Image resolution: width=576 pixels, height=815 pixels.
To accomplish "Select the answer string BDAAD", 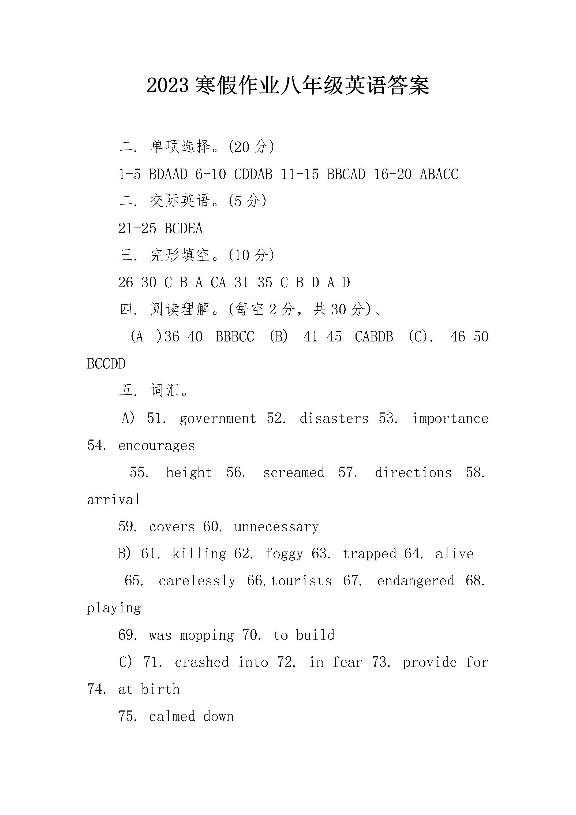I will coord(168,174).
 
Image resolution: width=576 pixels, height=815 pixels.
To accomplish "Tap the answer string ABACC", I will coord(439,174).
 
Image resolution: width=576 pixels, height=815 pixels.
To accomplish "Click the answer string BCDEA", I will coord(184,229).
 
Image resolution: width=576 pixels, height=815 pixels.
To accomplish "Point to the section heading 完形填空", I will coord(180,255).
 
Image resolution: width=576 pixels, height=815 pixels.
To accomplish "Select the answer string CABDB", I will coord(374,337).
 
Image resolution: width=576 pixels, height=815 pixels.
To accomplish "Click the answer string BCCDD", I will coord(106,364).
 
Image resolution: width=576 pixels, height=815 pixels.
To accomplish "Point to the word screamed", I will coord(294,473).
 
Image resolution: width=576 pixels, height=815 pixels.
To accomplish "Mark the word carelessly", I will coord(197,581).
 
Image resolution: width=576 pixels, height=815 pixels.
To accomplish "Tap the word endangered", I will coord(416,581).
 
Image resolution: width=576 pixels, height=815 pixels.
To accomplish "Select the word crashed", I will coord(201,662).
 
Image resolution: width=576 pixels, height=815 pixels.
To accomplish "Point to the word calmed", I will coord(172,717).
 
